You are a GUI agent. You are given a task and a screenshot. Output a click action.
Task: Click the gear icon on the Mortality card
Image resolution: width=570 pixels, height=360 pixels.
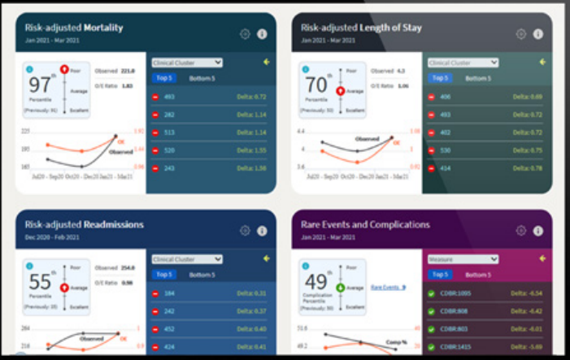tap(245, 34)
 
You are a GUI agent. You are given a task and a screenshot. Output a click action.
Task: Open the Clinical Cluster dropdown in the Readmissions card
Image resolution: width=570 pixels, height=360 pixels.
tap(187, 259)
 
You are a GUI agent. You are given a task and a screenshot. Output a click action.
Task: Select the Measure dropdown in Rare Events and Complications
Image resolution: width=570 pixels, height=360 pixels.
tap(463, 259)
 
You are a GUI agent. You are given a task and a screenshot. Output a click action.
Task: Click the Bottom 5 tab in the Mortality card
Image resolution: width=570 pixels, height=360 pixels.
tap(202, 78)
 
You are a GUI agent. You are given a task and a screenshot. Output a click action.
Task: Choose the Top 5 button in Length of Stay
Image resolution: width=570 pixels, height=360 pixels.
tap(439, 78)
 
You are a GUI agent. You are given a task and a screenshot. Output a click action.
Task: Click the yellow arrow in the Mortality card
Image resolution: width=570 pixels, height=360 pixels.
tap(267, 62)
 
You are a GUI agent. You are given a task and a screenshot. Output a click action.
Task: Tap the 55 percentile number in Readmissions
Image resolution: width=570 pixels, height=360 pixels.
tap(40, 283)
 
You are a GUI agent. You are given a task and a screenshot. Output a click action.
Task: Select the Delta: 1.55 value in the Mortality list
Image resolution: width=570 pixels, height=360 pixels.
tap(251, 150)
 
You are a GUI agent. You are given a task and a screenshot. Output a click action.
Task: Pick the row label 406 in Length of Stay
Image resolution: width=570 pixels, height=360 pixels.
tap(445, 97)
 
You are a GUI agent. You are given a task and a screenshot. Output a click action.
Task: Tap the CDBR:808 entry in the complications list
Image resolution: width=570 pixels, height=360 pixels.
tap(455, 311)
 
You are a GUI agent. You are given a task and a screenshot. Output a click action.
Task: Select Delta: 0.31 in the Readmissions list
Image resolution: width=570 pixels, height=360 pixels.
tap(251, 293)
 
